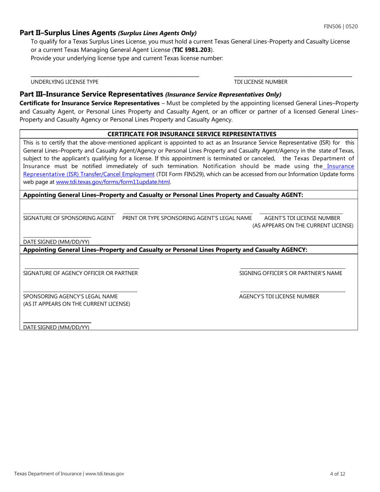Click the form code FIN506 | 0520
[x=341, y=26]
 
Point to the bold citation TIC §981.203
[x=192, y=50]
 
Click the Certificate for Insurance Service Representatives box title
[x=192, y=134]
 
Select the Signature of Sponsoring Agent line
[x=70, y=213]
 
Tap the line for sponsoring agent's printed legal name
[x=188, y=213]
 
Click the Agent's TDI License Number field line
[x=301, y=213]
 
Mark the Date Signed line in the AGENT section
[x=57, y=237]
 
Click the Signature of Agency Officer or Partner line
[x=82, y=268]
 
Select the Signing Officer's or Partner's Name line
[x=292, y=268]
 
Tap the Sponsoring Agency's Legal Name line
[x=80, y=291]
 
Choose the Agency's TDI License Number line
[x=292, y=291]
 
